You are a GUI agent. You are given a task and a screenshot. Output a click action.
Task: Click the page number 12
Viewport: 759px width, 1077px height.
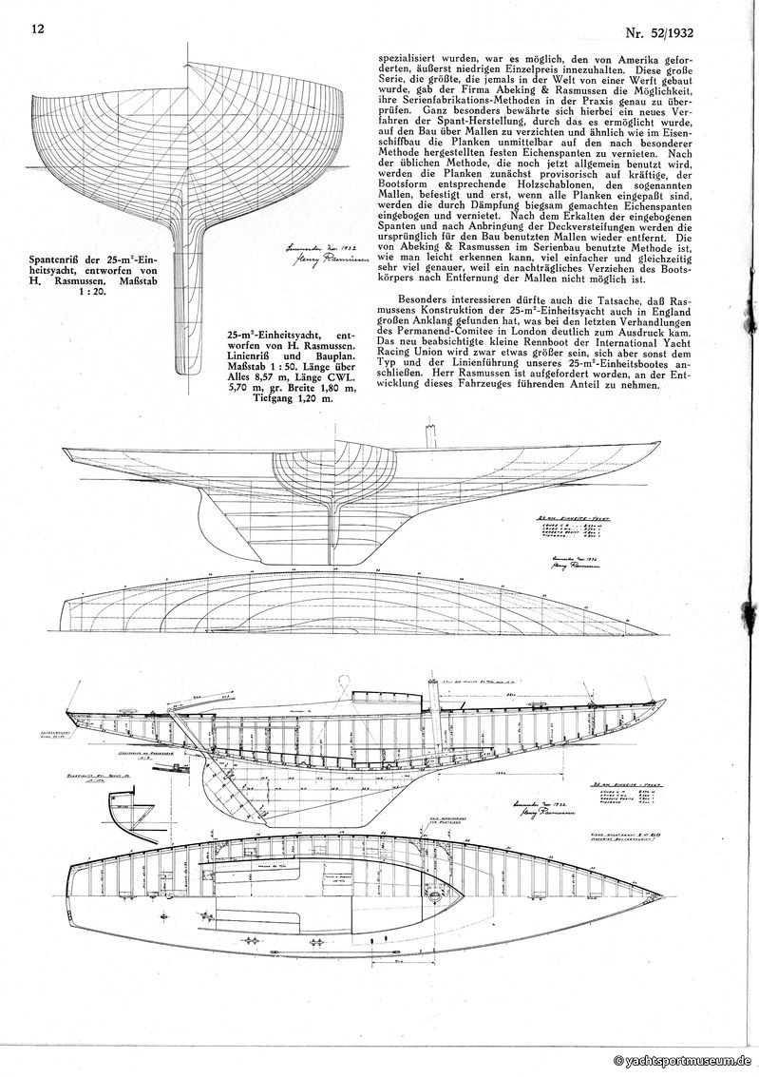click(x=38, y=30)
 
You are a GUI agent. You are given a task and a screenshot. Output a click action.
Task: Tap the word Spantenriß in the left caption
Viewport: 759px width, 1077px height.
click(x=58, y=258)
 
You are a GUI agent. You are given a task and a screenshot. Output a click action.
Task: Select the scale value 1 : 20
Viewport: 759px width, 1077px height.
click(x=85, y=293)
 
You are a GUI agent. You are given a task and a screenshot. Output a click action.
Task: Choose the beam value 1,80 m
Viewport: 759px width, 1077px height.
click(x=314, y=389)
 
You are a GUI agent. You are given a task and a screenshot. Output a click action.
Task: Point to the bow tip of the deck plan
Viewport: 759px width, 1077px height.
click(x=661, y=895)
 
